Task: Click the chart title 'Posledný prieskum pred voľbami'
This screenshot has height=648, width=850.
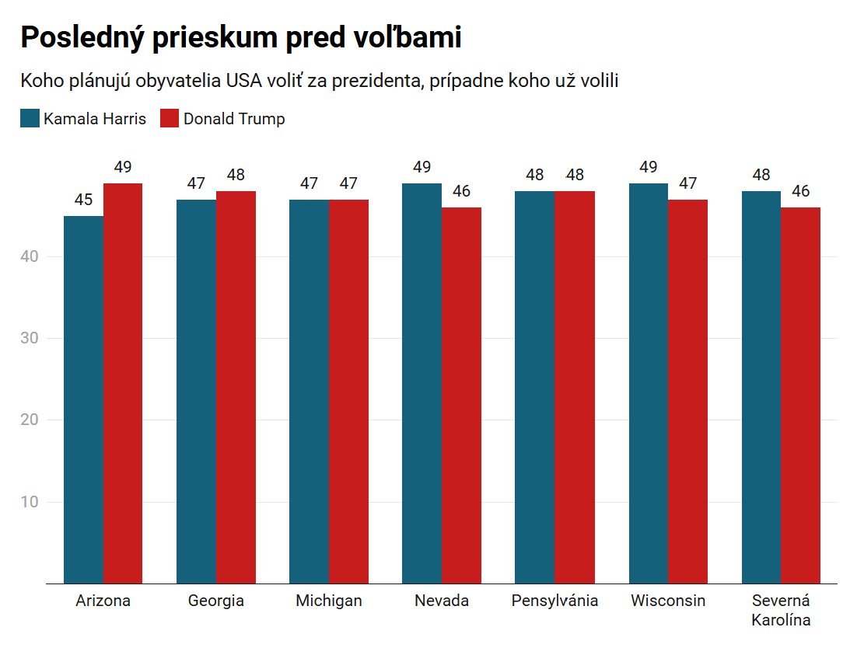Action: point(241,37)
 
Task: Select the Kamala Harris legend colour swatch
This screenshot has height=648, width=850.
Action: point(30,119)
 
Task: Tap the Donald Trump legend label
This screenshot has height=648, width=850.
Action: point(234,119)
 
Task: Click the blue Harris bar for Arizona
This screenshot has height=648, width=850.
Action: point(83,399)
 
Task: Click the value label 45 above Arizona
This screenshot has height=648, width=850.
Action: point(83,200)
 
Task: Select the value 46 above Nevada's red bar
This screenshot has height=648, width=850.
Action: point(461,191)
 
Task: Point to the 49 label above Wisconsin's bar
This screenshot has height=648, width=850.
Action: point(648,167)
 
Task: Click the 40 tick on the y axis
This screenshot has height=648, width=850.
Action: point(30,256)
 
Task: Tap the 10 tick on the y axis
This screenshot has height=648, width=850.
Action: point(30,502)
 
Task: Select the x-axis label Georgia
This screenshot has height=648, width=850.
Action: point(216,601)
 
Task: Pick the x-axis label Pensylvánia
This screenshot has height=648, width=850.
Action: point(554,601)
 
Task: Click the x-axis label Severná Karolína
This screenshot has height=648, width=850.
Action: point(781,610)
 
